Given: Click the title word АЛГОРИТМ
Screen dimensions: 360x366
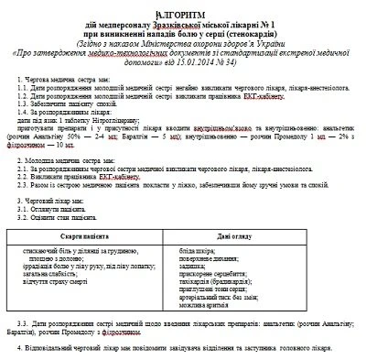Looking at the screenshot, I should tap(183, 8).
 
